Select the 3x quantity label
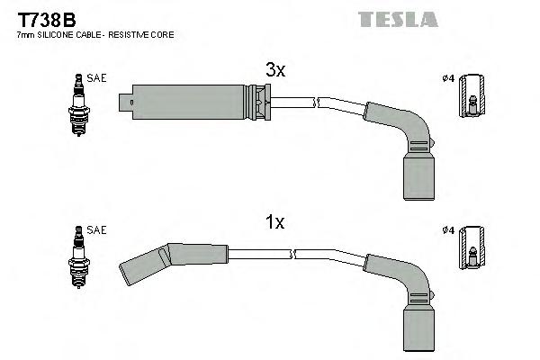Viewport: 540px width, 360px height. pos(275,70)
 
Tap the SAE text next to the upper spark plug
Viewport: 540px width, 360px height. pos(97,78)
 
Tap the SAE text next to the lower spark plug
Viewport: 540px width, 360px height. pos(97,230)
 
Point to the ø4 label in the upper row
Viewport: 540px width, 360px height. pos(448,78)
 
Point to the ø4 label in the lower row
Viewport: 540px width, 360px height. pos(448,230)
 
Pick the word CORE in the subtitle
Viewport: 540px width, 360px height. pos(164,35)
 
